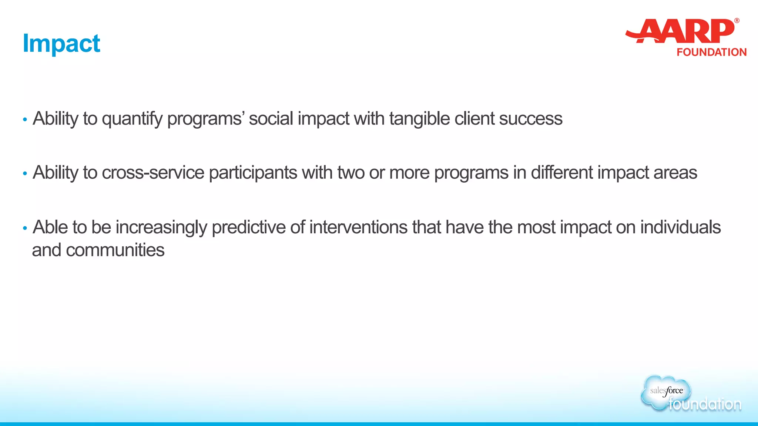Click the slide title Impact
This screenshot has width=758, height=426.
point(61,44)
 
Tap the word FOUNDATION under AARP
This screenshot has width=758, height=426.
point(711,52)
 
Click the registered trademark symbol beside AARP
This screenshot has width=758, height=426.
point(737,21)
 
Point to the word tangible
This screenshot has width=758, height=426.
point(419,119)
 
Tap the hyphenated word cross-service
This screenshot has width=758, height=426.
point(153,173)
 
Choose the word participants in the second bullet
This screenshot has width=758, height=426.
point(253,173)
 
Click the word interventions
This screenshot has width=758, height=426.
point(358,227)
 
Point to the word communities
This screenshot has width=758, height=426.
point(115,250)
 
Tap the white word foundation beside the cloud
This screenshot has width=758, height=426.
point(705,404)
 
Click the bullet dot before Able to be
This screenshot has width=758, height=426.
point(25,228)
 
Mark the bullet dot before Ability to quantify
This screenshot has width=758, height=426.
point(25,119)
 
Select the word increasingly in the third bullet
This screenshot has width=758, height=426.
point(161,227)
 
